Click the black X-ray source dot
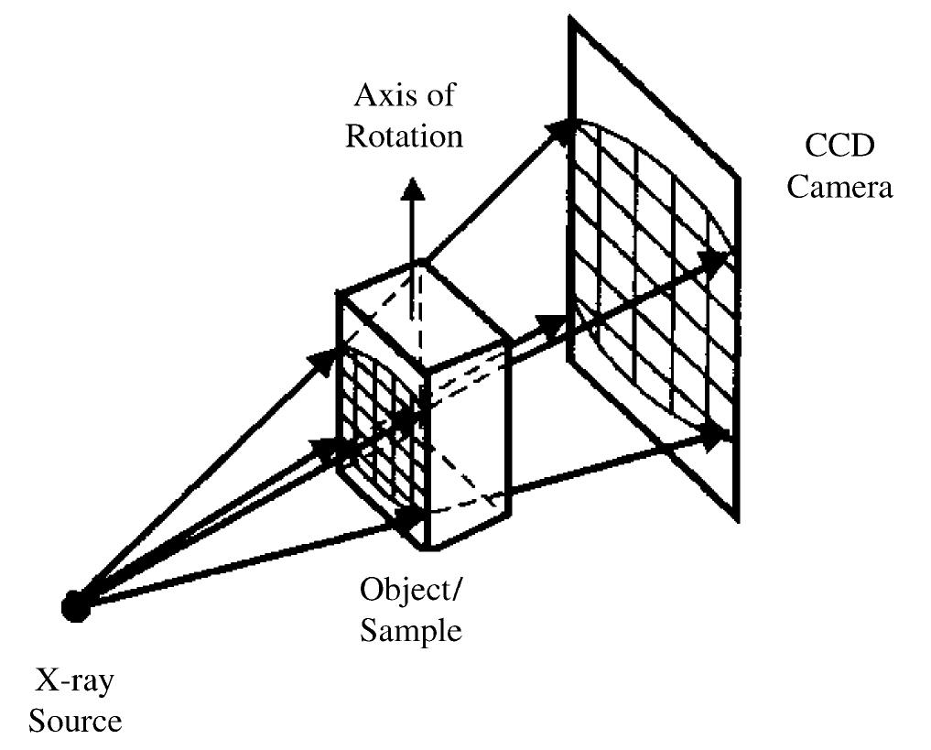pyautogui.click(x=75, y=605)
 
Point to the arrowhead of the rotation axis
pyautogui.click(x=414, y=188)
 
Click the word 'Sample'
pyautogui.click(x=411, y=630)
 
